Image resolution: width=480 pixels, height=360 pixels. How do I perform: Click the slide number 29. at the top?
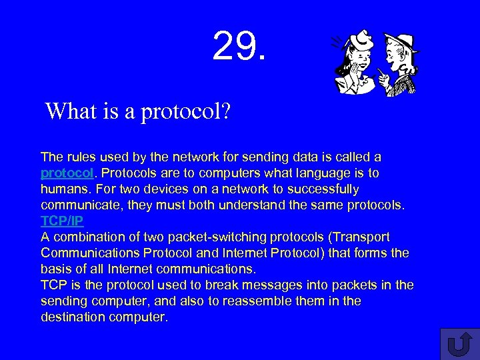tap(239, 46)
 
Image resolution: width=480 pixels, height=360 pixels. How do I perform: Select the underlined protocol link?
tap(66, 173)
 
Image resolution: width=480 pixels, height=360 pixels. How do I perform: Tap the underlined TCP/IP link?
tap(62, 221)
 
